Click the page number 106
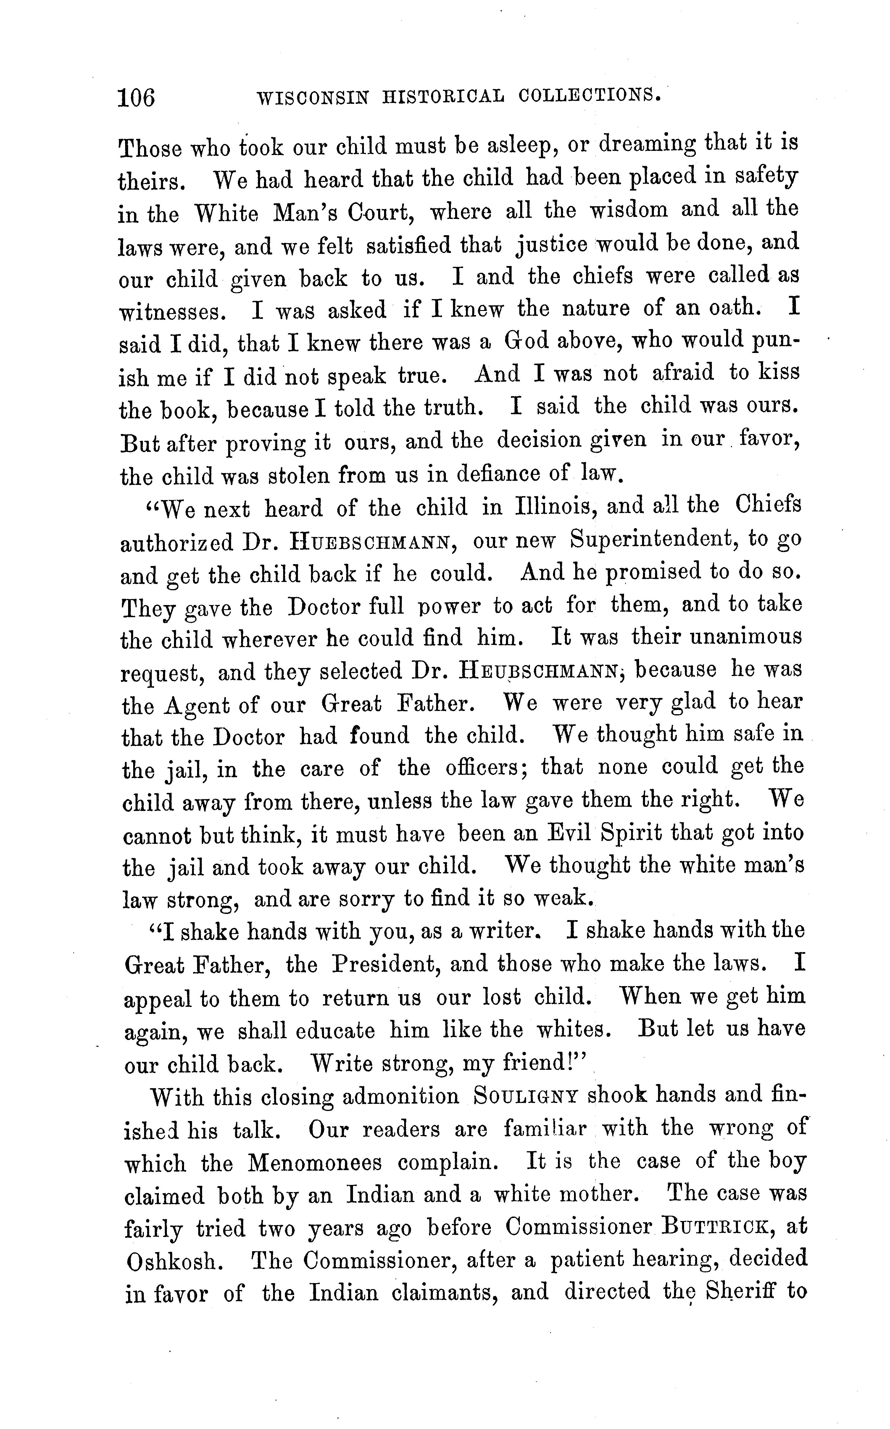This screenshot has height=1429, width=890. pyautogui.click(x=137, y=98)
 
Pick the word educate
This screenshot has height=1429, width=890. pyautogui.click(x=334, y=1030)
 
